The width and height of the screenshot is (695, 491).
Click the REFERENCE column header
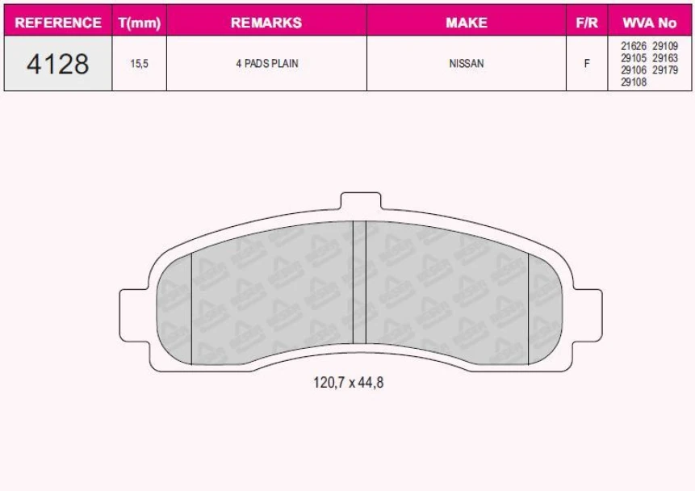(x=58, y=23)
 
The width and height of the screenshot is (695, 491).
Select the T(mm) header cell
(x=140, y=23)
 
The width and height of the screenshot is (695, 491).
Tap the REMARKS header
(x=266, y=23)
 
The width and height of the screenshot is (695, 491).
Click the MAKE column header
(x=466, y=23)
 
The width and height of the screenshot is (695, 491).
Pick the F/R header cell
(x=587, y=23)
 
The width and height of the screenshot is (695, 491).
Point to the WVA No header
(x=650, y=23)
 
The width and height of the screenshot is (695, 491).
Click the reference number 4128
(x=58, y=64)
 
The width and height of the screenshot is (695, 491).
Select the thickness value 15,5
(x=140, y=64)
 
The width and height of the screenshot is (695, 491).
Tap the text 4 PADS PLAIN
(x=266, y=64)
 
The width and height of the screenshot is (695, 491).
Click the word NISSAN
(x=466, y=64)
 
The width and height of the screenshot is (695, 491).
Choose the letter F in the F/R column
(x=587, y=64)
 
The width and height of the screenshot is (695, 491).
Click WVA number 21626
(x=634, y=47)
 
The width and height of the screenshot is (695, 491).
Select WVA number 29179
(x=665, y=70)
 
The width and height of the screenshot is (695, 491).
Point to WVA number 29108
(x=634, y=82)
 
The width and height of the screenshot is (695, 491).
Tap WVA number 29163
(x=665, y=58)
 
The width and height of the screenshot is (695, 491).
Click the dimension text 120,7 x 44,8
(x=348, y=383)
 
